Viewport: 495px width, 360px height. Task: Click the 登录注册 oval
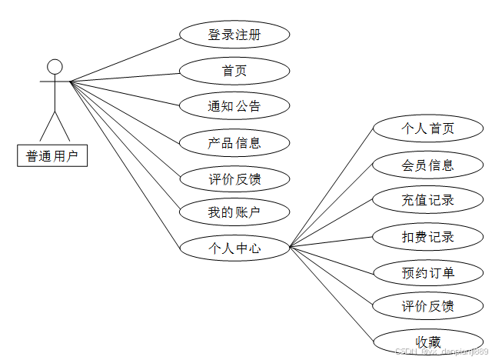(234, 35)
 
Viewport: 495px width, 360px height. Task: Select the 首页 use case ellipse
(234, 71)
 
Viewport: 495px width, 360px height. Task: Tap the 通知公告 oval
(234, 106)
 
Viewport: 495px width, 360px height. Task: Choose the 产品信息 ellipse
(234, 142)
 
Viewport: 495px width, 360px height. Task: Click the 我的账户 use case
(234, 212)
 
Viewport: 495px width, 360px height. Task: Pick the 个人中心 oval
(234, 248)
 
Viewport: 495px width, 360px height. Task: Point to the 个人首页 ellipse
(428, 128)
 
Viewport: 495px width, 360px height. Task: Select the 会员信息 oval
(428, 165)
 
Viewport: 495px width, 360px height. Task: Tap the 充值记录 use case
(428, 201)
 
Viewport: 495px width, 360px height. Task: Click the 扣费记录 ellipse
(428, 237)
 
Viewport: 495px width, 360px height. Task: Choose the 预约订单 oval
(428, 272)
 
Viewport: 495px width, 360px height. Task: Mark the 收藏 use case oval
(428, 342)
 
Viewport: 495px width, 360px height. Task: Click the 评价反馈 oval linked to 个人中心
(428, 307)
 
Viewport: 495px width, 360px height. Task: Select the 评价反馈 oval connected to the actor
(234, 179)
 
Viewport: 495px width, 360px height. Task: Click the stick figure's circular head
(55, 66)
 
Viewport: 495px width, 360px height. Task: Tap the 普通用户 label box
(52, 156)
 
